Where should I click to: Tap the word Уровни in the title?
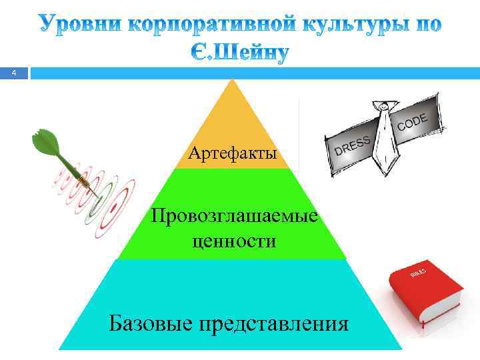click(x=79, y=25)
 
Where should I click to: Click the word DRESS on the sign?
click(x=351, y=145)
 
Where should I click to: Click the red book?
click(x=424, y=293)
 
